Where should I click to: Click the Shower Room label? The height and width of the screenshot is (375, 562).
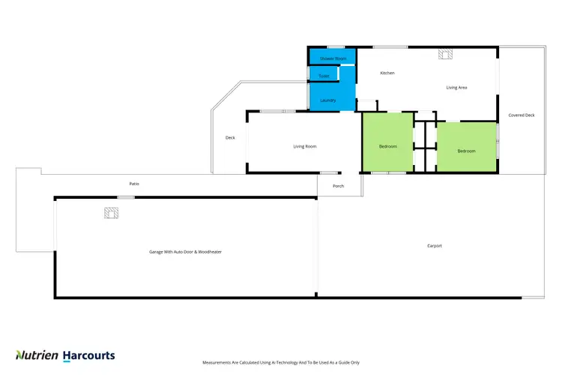(333, 58)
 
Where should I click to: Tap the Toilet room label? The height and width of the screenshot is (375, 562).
(324, 76)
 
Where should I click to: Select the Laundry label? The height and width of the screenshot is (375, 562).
(327, 100)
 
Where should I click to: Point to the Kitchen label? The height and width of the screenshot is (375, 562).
(387, 73)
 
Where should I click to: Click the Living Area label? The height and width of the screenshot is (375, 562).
(457, 88)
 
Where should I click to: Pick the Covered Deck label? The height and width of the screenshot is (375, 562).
(522, 115)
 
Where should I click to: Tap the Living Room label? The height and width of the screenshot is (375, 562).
(305, 146)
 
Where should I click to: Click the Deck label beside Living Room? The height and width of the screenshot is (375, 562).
(231, 137)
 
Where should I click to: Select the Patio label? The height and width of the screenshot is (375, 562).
(134, 184)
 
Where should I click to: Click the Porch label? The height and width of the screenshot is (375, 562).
(339, 186)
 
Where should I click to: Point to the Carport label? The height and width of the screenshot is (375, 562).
(435, 245)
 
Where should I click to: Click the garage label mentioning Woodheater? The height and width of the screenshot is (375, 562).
(185, 251)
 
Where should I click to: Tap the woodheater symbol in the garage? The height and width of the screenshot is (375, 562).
(111, 214)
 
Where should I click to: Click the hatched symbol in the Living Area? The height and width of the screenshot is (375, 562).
(445, 54)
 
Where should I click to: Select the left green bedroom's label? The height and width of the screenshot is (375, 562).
(387, 145)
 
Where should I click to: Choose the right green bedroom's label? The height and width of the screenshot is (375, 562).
(466, 151)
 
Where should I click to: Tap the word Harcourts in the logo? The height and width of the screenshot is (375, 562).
(88, 355)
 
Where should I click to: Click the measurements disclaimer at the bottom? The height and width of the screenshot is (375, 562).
(280, 362)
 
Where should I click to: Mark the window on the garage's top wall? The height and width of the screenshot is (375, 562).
(126, 197)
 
